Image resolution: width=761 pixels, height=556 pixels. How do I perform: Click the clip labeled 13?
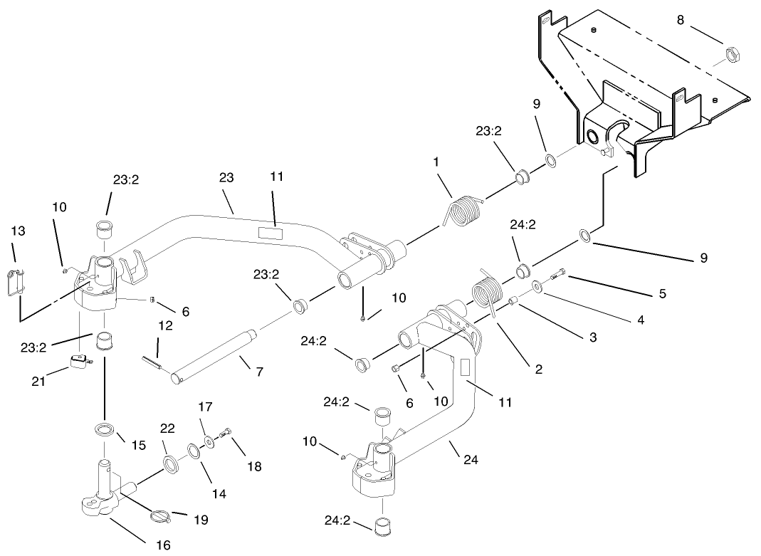pos(20,280)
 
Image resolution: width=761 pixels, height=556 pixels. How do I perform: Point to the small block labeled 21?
pos(82,363)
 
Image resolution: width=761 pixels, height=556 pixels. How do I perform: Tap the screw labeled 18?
pos(227,432)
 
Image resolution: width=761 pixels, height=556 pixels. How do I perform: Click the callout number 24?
pos(470,461)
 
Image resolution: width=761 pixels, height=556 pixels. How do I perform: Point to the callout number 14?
pos(219,493)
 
